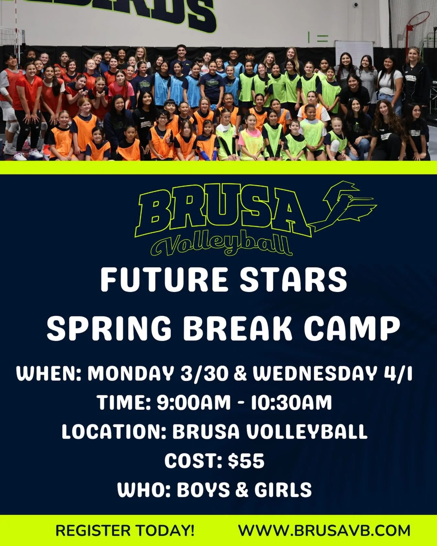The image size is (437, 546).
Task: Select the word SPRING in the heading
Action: [109, 329]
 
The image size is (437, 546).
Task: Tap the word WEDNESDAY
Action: [315, 374]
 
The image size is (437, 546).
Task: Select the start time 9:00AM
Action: [194, 402]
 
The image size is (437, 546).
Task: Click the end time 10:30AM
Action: [291, 402]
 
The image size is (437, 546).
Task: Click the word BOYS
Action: [203, 490]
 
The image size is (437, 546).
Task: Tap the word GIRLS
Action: [283, 490]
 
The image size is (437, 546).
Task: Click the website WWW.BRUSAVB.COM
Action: [324, 530]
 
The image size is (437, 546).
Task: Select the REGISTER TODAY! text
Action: [125, 530]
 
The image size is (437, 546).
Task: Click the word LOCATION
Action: [111, 431]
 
